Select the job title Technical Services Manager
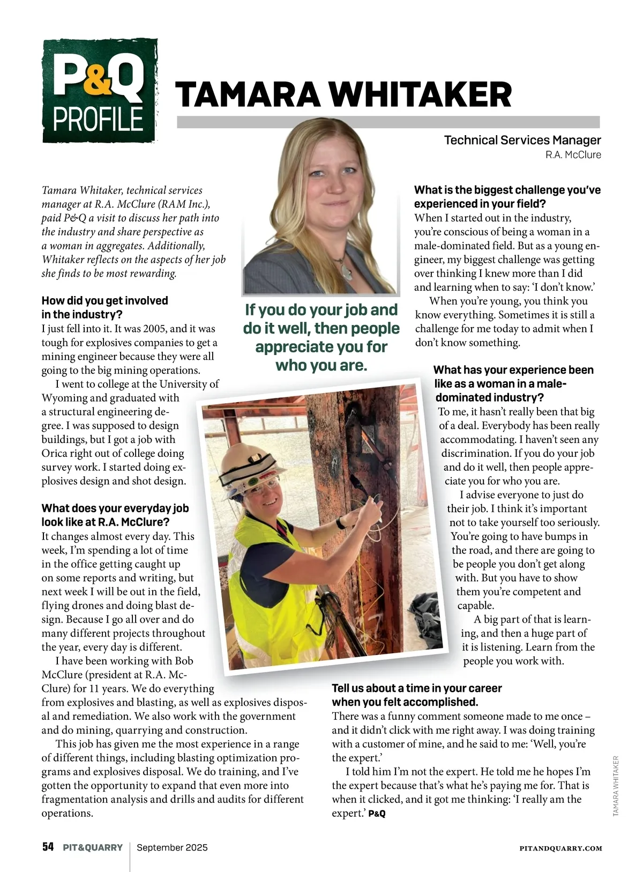tap(522, 140)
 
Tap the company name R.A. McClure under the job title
tap(573, 155)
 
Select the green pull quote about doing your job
tap(321, 337)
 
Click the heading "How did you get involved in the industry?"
tap(105, 307)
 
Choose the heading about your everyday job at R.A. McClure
tap(115, 515)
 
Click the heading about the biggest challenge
tap(507, 197)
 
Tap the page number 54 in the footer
tap(48, 847)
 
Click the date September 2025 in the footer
tap(172, 848)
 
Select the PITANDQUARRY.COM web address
tap(560, 848)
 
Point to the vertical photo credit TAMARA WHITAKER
tap(616, 786)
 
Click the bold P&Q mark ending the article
tap(377, 814)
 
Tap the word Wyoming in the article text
tap(64, 398)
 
